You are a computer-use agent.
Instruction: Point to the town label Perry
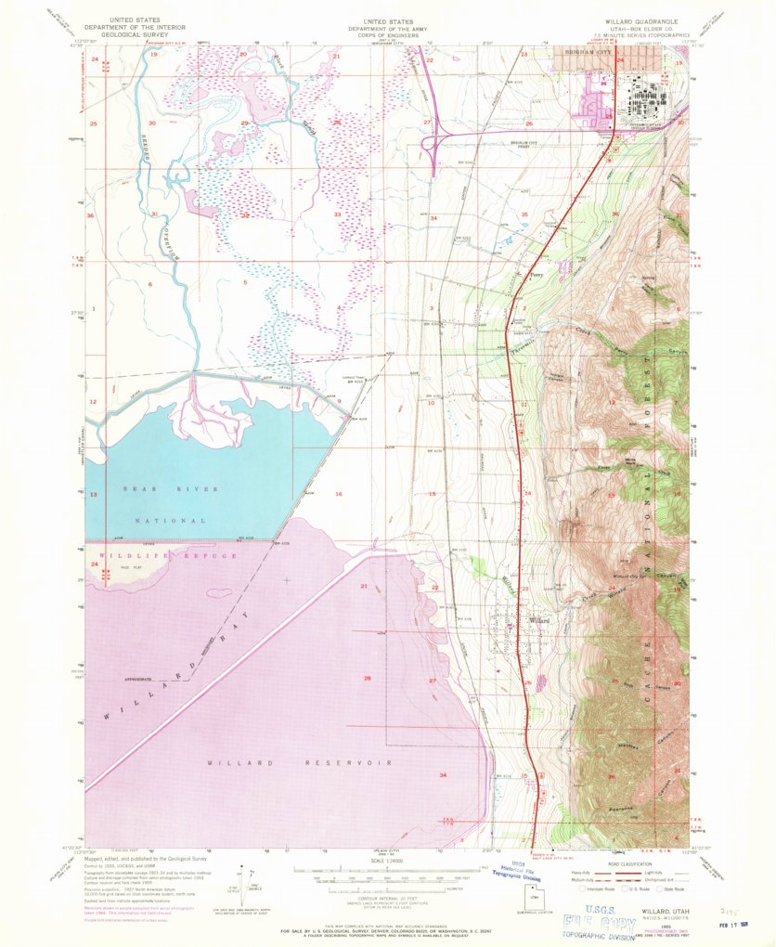click(x=536, y=275)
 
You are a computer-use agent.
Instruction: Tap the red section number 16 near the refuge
click(x=340, y=494)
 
